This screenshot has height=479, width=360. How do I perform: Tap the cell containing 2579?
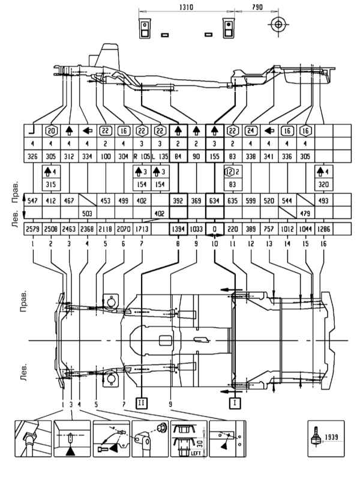[33, 229]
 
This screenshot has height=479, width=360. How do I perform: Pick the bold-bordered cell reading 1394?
[178, 229]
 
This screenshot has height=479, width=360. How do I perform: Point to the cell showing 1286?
[325, 229]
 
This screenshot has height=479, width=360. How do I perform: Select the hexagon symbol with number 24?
[251, 130]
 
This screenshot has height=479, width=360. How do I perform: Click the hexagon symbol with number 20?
[51, 130]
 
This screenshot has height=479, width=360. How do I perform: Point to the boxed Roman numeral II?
[142, 402]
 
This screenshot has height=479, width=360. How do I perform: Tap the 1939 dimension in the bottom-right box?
[331, 439]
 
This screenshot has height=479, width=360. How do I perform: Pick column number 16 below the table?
[325, 244]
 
